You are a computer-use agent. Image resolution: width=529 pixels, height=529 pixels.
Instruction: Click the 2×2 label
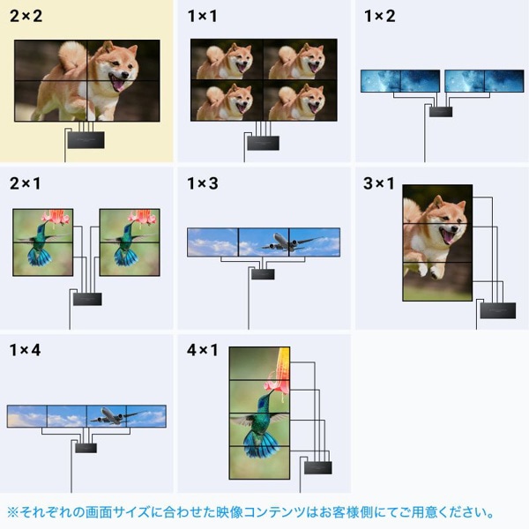click(27, 16)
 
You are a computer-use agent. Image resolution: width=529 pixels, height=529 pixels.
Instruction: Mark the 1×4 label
click(27, 350)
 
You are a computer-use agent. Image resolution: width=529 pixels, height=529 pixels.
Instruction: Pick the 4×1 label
click(204, 350)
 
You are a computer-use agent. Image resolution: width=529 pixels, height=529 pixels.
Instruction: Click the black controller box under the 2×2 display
click(86, 139)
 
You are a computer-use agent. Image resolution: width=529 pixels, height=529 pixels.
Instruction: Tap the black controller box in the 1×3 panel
click(263, 273)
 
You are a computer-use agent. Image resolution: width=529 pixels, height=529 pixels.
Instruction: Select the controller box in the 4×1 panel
click(317, 466)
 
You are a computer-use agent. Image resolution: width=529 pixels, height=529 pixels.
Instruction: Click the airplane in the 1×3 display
click(284, 241)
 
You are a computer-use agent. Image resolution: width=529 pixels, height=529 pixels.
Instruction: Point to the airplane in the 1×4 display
click(110, 415)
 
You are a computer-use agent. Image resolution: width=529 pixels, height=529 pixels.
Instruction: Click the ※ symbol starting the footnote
click(13, 512)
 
